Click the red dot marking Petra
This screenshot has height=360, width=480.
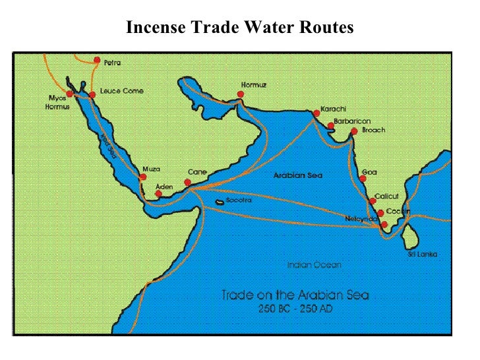point(97,61)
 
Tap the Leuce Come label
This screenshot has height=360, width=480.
point(121,91)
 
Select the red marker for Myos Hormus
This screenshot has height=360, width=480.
point(70,94)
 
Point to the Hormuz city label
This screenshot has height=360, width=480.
point(254,85)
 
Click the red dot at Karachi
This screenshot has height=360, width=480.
point(316,113)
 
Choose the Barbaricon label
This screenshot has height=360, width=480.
point(352,121)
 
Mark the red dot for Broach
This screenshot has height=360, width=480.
point(354,131)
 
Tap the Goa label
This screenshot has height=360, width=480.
point(369,172)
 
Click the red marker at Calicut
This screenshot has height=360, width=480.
point(373,200)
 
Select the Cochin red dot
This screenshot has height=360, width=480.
point(380,213)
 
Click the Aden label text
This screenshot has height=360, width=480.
point(164,187)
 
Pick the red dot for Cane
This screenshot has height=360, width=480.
point(188,183)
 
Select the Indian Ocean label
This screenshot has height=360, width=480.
point(315,265)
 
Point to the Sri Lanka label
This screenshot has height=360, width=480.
point(423,255)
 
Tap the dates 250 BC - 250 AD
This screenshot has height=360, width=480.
point(295,309)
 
